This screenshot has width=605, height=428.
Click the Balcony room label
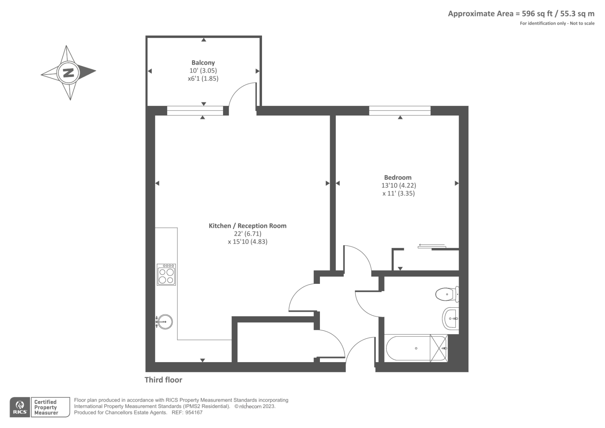203,63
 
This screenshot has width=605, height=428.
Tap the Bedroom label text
398,177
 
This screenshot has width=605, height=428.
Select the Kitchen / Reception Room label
247,226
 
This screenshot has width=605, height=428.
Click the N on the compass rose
68,72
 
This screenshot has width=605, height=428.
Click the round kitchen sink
165,322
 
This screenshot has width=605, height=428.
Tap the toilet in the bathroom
447,294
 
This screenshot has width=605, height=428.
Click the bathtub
408,348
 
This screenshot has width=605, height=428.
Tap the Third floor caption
163,380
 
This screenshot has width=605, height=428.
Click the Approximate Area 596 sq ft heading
521,14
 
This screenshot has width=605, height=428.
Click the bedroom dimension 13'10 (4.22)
399,185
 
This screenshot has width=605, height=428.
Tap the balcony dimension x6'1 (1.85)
203,79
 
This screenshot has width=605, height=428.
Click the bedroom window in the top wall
400,111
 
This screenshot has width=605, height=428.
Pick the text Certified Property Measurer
46,408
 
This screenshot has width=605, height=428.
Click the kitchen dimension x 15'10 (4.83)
247,242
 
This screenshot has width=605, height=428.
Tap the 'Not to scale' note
582,23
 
